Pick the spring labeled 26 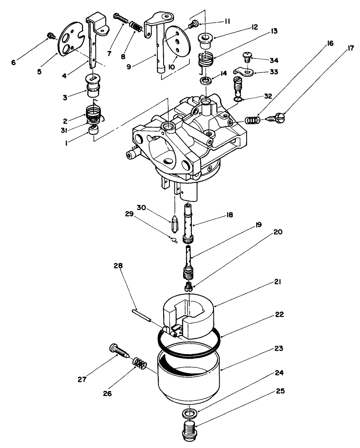pyautogui.click(x=140, y=365)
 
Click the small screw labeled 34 pyautogui.click(x=247, y=55)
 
